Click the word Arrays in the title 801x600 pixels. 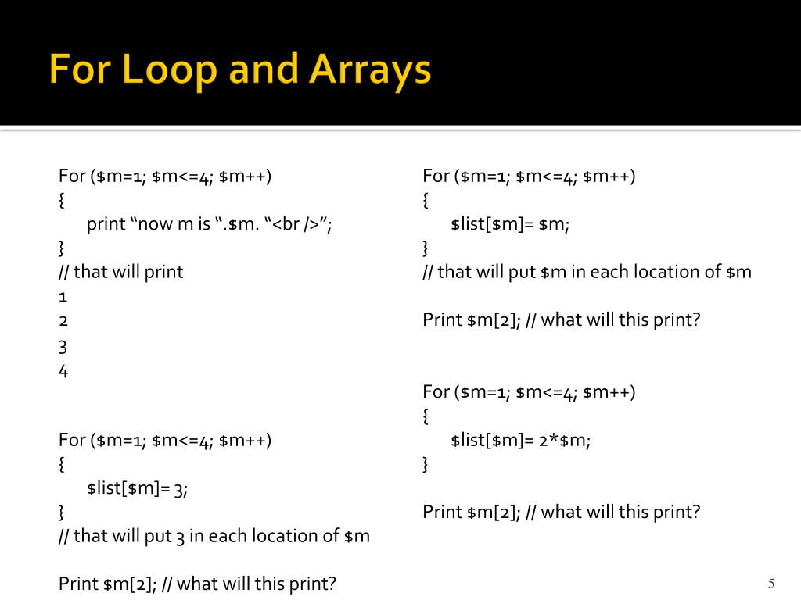coord(370,71)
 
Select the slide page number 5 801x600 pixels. coord(771,584)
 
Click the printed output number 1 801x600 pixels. coord(63,297)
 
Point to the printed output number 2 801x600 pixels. coord(63,321)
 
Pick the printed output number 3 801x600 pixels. coord(63,346)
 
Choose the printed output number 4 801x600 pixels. coord(63,371)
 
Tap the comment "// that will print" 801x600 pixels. coord(120,272)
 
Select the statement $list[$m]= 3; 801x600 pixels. coord(138,488)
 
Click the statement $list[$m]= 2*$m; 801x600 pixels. coord(520,440)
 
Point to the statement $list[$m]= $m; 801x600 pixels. coord(510,224)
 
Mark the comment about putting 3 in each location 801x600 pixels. coord(214,536)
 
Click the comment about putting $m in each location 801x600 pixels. coord(587,272)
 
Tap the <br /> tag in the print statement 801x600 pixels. coord(300,224)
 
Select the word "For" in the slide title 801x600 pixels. coord(75,71)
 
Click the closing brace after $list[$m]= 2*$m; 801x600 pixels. coord(426,464)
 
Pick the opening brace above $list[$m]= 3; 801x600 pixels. coord(62,464)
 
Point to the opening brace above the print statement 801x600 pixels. coord(62,200)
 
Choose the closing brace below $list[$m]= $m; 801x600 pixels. coord(426,248)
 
